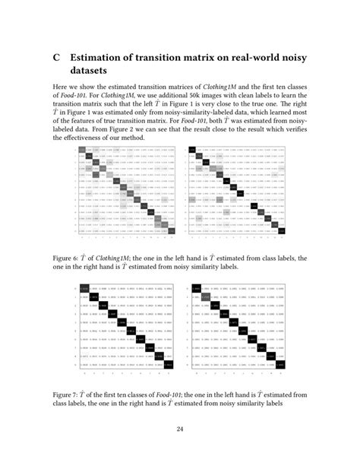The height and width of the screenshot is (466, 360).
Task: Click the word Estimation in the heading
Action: [102, 58]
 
